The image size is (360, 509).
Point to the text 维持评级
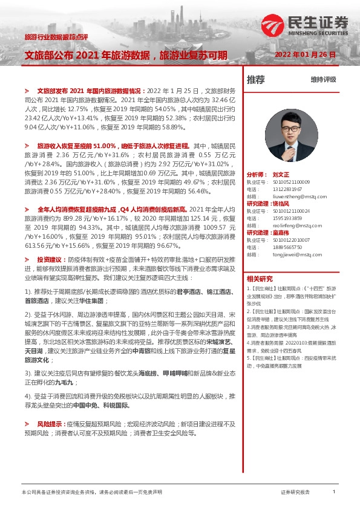tap(323, 80)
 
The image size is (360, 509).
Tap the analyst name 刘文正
tap(281, 173)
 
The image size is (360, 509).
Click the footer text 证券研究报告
tap(295, 493)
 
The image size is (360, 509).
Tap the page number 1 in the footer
tap(334, 493)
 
